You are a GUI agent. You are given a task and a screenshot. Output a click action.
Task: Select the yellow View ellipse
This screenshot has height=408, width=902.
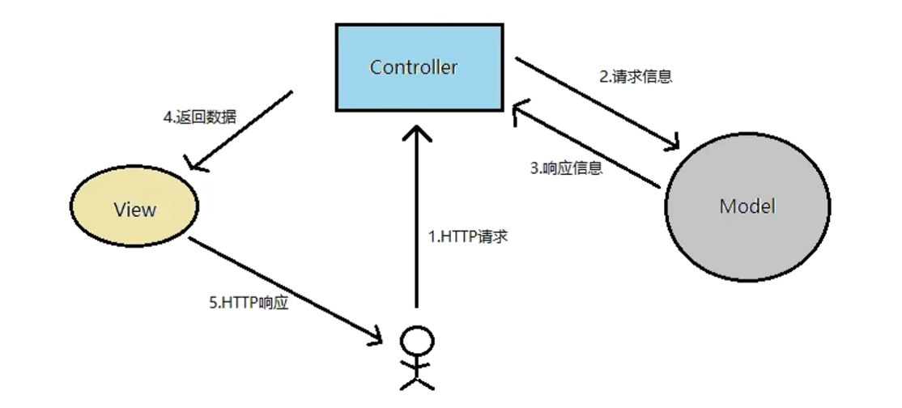(x=134, y=209)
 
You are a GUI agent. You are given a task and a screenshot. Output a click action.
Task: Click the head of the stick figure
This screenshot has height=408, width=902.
(x=417, y=339)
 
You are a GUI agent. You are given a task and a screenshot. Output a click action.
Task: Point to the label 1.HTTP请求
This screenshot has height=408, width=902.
(x=468, y=238)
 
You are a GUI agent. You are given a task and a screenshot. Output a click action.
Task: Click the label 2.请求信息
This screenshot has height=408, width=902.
(x=636, y=78)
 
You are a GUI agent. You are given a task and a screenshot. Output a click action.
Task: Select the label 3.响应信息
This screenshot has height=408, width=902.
(x=566, y=169)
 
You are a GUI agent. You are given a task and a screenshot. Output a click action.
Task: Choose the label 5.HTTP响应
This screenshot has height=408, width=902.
(x=249, y=303)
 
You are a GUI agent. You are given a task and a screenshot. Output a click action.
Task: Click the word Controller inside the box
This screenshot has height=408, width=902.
(x=413, y=67)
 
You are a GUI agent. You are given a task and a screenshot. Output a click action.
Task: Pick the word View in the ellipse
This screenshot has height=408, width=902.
(x=134, y=210)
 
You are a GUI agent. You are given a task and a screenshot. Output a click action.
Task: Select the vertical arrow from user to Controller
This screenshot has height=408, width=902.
(x=417, y=219)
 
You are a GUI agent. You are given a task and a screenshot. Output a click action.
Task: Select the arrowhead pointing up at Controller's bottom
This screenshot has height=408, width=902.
(x=417, y=134)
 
